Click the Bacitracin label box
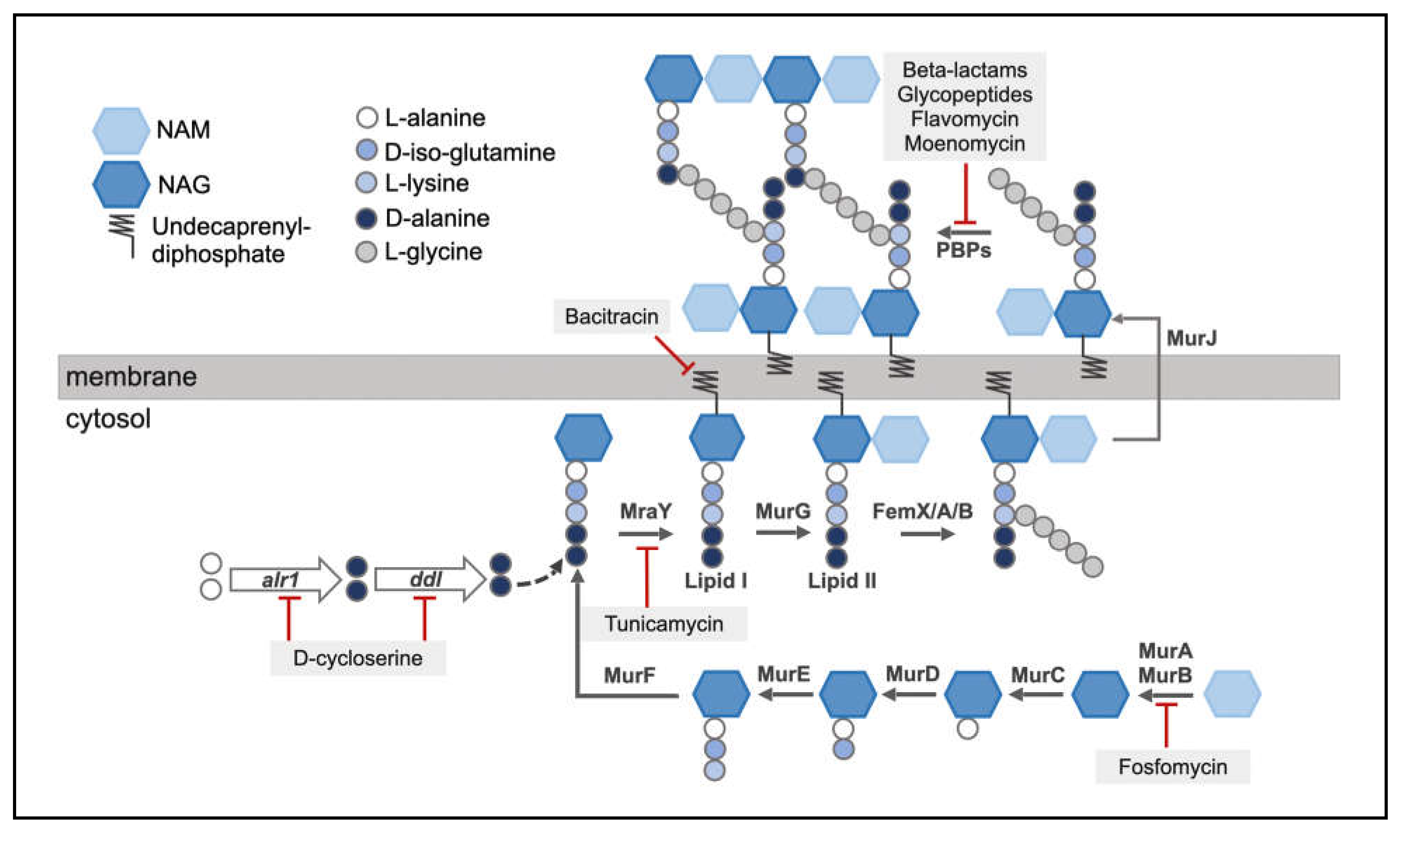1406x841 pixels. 611,316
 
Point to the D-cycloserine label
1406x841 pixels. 358,658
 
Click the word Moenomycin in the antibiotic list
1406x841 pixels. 964,143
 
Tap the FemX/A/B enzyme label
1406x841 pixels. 922,511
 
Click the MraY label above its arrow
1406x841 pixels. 645,511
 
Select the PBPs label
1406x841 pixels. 963,250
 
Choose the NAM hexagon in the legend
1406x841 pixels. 120,130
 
